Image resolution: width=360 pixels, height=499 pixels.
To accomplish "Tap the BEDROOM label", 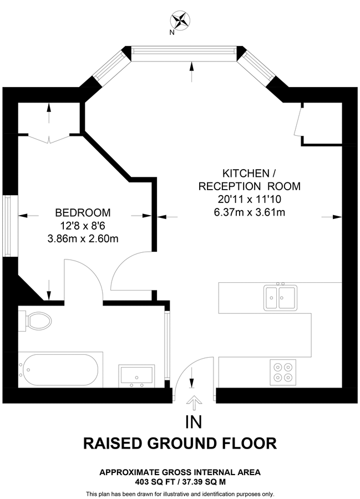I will (83, 212).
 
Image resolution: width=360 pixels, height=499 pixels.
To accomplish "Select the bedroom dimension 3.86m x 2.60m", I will (83, 239).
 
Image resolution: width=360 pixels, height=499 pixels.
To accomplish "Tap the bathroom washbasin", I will (136, 375).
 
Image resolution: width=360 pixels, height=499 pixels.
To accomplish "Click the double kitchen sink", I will (280, 296).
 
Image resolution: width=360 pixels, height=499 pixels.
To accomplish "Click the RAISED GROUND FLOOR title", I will (180, 444).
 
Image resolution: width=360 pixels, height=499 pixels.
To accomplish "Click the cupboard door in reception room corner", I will (298, 120).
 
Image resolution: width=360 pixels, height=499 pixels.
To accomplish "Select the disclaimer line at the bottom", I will (180, 493).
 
